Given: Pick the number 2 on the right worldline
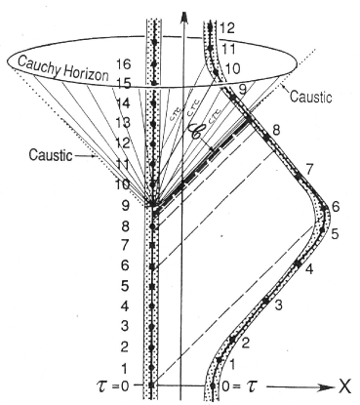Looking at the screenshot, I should tap(246, 343).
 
